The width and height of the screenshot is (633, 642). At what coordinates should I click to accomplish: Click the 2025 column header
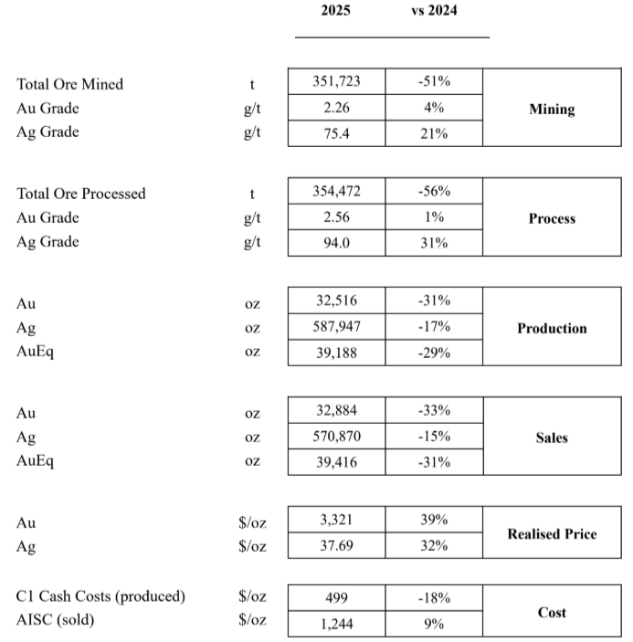335,11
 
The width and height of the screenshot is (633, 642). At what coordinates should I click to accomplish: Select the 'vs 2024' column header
434,11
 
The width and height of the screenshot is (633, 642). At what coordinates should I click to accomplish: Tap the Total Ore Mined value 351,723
336,82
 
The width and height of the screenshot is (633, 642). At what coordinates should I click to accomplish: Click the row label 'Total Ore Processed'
81,194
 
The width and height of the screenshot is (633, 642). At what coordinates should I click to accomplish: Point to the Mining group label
552,109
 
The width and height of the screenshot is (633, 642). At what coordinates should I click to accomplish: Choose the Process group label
552,218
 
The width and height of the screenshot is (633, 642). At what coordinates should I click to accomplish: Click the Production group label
552,328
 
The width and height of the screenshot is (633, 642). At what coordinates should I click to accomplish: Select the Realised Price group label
552,533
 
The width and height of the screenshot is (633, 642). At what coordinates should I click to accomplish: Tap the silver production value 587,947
336,328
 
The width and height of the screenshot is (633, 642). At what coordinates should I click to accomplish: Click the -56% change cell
434,192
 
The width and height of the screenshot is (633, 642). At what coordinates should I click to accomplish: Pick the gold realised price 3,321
336,521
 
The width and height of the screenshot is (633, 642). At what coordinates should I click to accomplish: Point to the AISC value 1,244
336,625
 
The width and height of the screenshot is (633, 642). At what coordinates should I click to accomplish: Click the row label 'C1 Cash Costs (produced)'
100,597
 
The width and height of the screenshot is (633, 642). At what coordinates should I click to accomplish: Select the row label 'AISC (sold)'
55,621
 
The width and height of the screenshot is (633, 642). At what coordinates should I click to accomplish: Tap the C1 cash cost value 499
336,598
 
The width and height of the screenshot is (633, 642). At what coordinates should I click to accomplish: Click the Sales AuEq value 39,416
336,462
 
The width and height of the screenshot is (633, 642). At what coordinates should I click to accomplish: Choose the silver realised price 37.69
336,546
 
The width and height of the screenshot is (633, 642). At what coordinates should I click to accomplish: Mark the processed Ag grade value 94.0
336,243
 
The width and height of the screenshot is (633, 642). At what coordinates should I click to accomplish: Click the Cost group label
552,612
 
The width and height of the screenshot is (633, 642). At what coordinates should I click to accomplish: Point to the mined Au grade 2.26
336,108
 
